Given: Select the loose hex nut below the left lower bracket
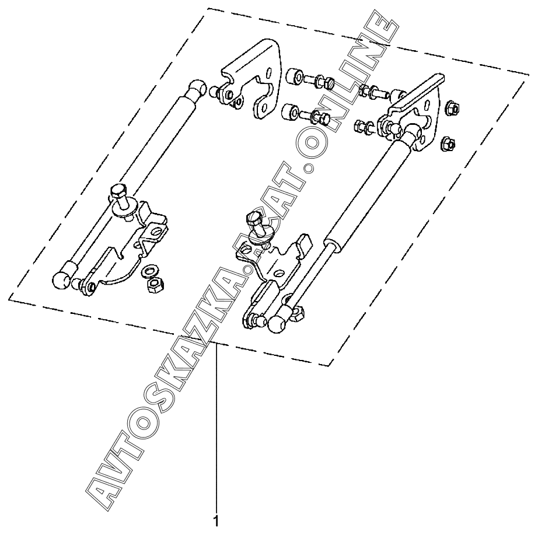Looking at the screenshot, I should coord(155,285).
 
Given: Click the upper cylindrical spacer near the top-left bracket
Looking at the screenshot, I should coord(294,76).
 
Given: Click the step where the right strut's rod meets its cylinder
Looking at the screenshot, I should coord(330,241).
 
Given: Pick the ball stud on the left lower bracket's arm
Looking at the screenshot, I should coord(78,284).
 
